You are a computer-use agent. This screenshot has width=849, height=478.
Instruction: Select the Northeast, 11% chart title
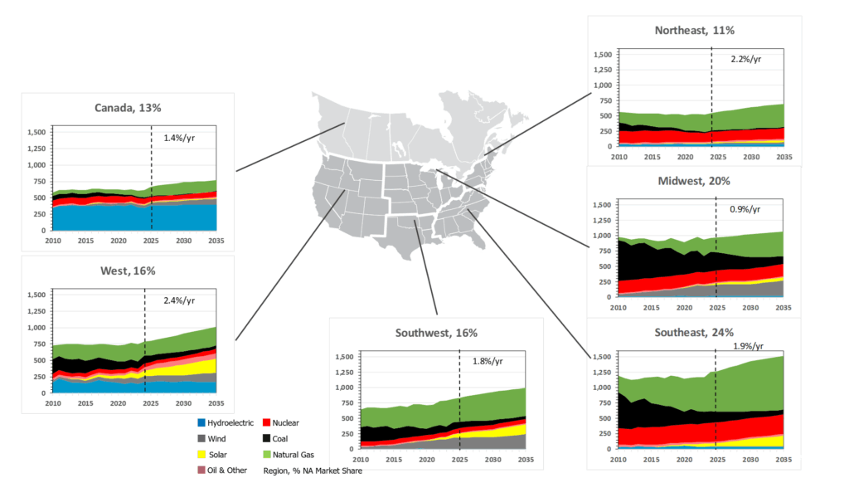694,30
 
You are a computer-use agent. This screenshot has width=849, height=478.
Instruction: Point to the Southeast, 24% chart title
694,332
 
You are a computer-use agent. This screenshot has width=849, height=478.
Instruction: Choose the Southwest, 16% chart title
438,333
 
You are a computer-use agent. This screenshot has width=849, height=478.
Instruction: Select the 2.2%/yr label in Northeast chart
746,60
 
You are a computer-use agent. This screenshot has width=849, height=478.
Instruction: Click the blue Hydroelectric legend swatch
201,423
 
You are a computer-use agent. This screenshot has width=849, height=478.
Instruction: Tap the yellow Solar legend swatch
201,455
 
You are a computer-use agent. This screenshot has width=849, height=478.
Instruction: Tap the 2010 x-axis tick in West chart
53,404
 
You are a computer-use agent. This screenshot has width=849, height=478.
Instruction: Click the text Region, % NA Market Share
313,471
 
